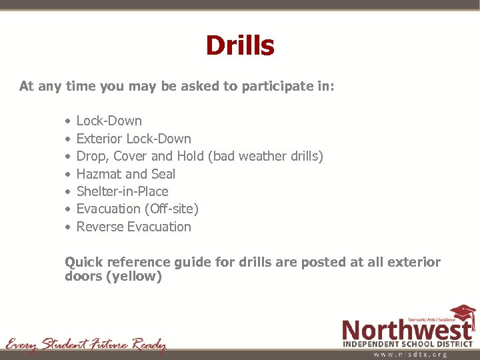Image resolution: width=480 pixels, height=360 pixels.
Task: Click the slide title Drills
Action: point(239,46)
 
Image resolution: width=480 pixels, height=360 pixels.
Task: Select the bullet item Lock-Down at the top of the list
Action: point(109,121)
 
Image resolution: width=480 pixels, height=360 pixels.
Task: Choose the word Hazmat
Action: point(99,174)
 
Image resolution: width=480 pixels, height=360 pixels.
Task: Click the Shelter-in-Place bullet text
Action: point(122,191)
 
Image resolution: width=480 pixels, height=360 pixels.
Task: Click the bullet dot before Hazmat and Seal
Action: point(68,175)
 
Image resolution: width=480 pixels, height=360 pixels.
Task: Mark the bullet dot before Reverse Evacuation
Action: point(68,227)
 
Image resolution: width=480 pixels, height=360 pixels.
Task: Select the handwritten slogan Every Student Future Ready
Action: point(85,345)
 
